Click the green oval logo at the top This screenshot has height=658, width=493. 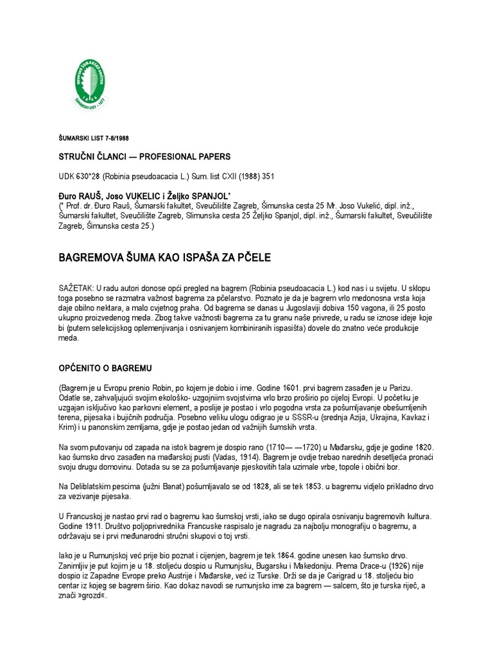(x=89, y=84)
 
